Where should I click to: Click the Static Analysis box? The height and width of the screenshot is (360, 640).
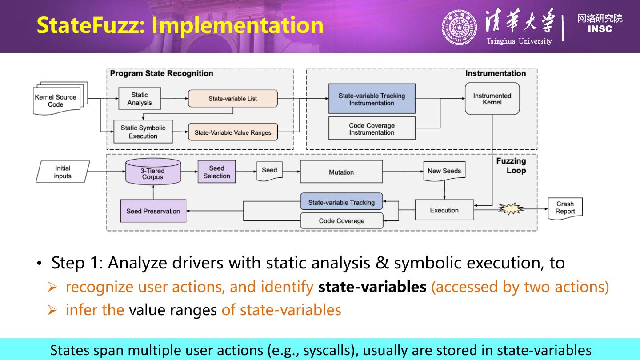pos(140,99)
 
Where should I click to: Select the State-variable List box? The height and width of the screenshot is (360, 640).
pos(233,99)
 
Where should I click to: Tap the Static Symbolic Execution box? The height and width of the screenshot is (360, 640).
pos(143,132)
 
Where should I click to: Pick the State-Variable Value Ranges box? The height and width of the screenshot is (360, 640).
pos(233,132)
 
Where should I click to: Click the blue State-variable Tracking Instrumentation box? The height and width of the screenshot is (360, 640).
pos(372,99)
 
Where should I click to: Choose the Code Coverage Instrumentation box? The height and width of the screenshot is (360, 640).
pos(372,128)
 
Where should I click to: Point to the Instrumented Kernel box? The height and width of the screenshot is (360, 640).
pos(492,99)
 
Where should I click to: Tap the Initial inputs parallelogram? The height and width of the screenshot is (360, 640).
pos(63,172)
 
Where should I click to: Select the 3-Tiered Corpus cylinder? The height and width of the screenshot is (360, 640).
pos(153,172)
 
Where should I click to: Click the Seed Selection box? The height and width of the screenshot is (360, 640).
pos(216,172)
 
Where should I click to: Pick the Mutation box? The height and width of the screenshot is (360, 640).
pos(341,172)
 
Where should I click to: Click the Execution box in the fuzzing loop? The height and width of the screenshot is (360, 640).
pos(444,210)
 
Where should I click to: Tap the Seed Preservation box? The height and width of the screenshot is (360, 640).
pos(153,211)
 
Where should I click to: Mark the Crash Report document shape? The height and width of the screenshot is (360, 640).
pos(565,208)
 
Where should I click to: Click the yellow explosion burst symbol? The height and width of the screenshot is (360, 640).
pos(510,208)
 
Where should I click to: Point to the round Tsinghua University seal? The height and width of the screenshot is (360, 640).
pos(459,27)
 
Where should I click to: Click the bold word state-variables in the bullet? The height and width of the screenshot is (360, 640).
pos(372,287)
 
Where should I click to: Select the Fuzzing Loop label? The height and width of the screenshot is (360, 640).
pos(512,166)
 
